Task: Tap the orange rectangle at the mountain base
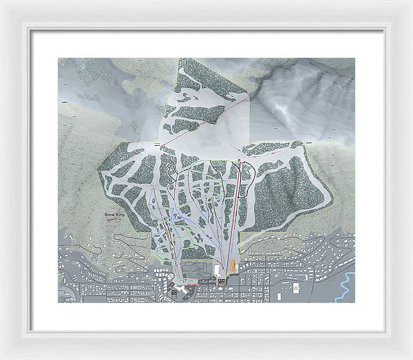(x=233, y=266)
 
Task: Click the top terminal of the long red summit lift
(x=239, y=160)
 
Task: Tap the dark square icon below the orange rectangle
(x=222, y=281)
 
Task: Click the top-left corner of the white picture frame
(x=2, y=2)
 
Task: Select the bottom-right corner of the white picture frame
(x=410, y=357)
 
